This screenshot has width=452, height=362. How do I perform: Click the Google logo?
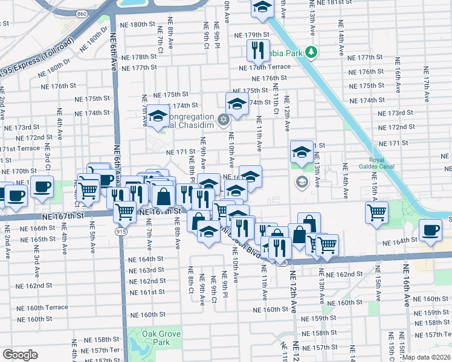[x=20, y=355]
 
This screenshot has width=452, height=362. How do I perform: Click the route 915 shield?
[x=121, y=231]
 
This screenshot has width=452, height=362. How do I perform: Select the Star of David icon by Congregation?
[x=223, y=118]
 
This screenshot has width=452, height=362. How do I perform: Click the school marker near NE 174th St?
[x=237, y=103]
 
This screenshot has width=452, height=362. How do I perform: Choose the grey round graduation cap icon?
[x=301, y=181]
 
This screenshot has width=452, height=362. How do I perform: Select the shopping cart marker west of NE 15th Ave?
[x=376, y=212]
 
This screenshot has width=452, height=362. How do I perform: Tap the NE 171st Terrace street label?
[x=19, y=148]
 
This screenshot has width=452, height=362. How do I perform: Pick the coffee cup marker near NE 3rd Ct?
[x=42, y=186]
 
